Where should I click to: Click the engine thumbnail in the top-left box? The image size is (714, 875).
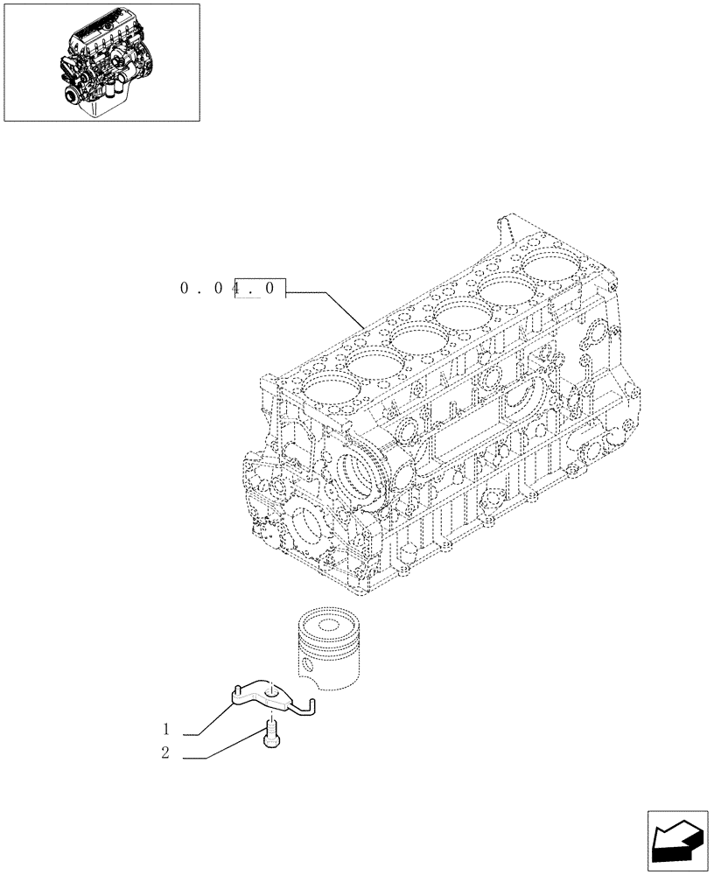click(101, 62)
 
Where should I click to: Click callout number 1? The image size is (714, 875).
click(164, 729)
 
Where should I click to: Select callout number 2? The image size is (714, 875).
click(164, 753)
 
